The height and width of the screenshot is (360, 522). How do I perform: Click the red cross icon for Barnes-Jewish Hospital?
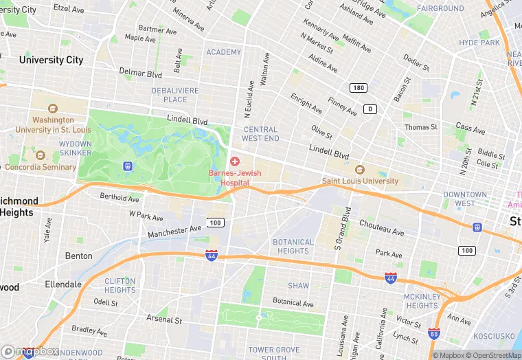(235, 161)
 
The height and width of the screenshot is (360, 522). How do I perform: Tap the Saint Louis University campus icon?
(359, 170)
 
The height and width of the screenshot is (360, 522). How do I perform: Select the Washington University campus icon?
(53, 108)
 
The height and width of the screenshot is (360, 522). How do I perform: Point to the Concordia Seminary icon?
(40, 155)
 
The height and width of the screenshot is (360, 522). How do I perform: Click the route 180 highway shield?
(357, 88)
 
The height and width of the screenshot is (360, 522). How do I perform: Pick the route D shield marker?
(370, 109)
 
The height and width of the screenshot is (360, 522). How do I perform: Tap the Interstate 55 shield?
(433, 334)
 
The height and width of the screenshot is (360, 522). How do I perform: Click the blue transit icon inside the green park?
(127, 166)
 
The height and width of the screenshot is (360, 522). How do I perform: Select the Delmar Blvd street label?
(141, 74)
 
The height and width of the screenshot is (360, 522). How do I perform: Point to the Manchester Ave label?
(174, 231)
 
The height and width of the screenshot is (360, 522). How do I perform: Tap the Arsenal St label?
(164, 319)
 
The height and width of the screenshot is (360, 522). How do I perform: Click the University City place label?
(51, 60)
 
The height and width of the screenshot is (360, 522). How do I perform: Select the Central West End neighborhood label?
(261, 134)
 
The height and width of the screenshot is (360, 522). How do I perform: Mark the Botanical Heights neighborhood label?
(293, 246)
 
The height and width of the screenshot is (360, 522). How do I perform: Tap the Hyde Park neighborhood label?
(479, 43)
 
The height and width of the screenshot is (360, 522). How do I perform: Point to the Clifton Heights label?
(120, 285)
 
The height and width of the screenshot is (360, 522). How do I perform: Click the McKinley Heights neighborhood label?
(422, 301)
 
